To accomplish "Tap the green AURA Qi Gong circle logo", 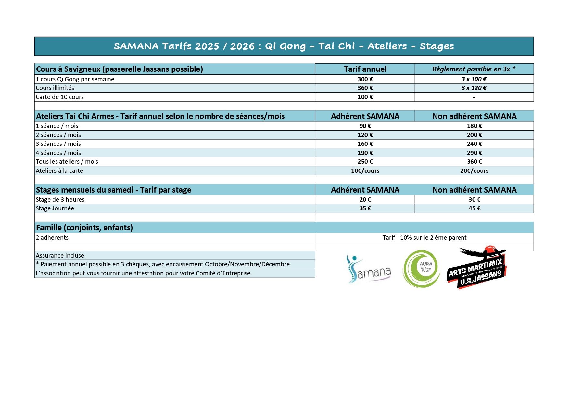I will click(x=421, y=269).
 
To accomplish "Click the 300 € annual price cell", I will click(x=365, y=79).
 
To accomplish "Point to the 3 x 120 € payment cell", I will click(x=474, y=88).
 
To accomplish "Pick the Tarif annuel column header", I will click(x=365, y=69).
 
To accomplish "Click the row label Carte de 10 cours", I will click(x=60, y=97).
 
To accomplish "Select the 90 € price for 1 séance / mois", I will click(x=365, y=126).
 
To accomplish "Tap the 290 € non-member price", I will click(x=474, y=153).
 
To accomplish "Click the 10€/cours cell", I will click(x=365, y=171).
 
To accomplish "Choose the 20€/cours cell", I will click(x=474, y=171).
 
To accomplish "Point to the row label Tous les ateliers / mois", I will click(x=67, y=162).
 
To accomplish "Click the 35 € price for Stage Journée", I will click(x=365, y=208).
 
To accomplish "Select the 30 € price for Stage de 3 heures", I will click(x=474, y=200).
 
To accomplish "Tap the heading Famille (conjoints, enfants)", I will click(x=84, y=228).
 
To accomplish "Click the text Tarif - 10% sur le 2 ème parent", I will click(x=424, y=238).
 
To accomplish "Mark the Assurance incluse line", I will click(x=60, y=256).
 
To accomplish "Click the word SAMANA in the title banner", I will click(x=136, y=46).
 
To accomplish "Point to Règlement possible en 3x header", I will click(x=474, y=69).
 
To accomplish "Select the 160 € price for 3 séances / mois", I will click(x=365, y=144).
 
